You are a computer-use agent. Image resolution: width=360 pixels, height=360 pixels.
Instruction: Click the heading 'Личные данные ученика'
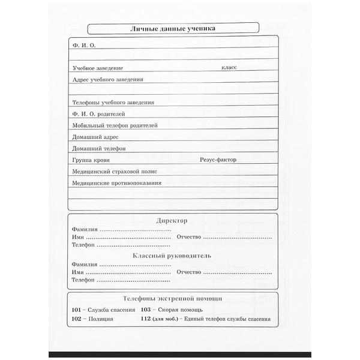pos(173,28)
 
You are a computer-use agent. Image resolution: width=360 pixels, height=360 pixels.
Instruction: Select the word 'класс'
pos(229,68)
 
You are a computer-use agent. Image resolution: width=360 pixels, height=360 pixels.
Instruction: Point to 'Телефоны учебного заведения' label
pos(112,102)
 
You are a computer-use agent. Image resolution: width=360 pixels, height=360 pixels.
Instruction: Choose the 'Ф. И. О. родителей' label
pos(98,113)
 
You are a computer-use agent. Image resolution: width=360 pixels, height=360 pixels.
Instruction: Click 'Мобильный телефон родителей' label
pos(114,125)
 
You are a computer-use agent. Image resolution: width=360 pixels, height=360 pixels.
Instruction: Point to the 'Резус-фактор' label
pos(218,160)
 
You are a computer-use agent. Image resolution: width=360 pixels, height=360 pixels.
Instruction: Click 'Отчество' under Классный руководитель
pos(189,272)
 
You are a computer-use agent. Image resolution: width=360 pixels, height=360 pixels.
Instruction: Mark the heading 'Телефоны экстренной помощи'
pos(172,298)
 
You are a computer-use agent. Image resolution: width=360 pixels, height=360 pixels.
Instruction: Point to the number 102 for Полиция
pos(76,319)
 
